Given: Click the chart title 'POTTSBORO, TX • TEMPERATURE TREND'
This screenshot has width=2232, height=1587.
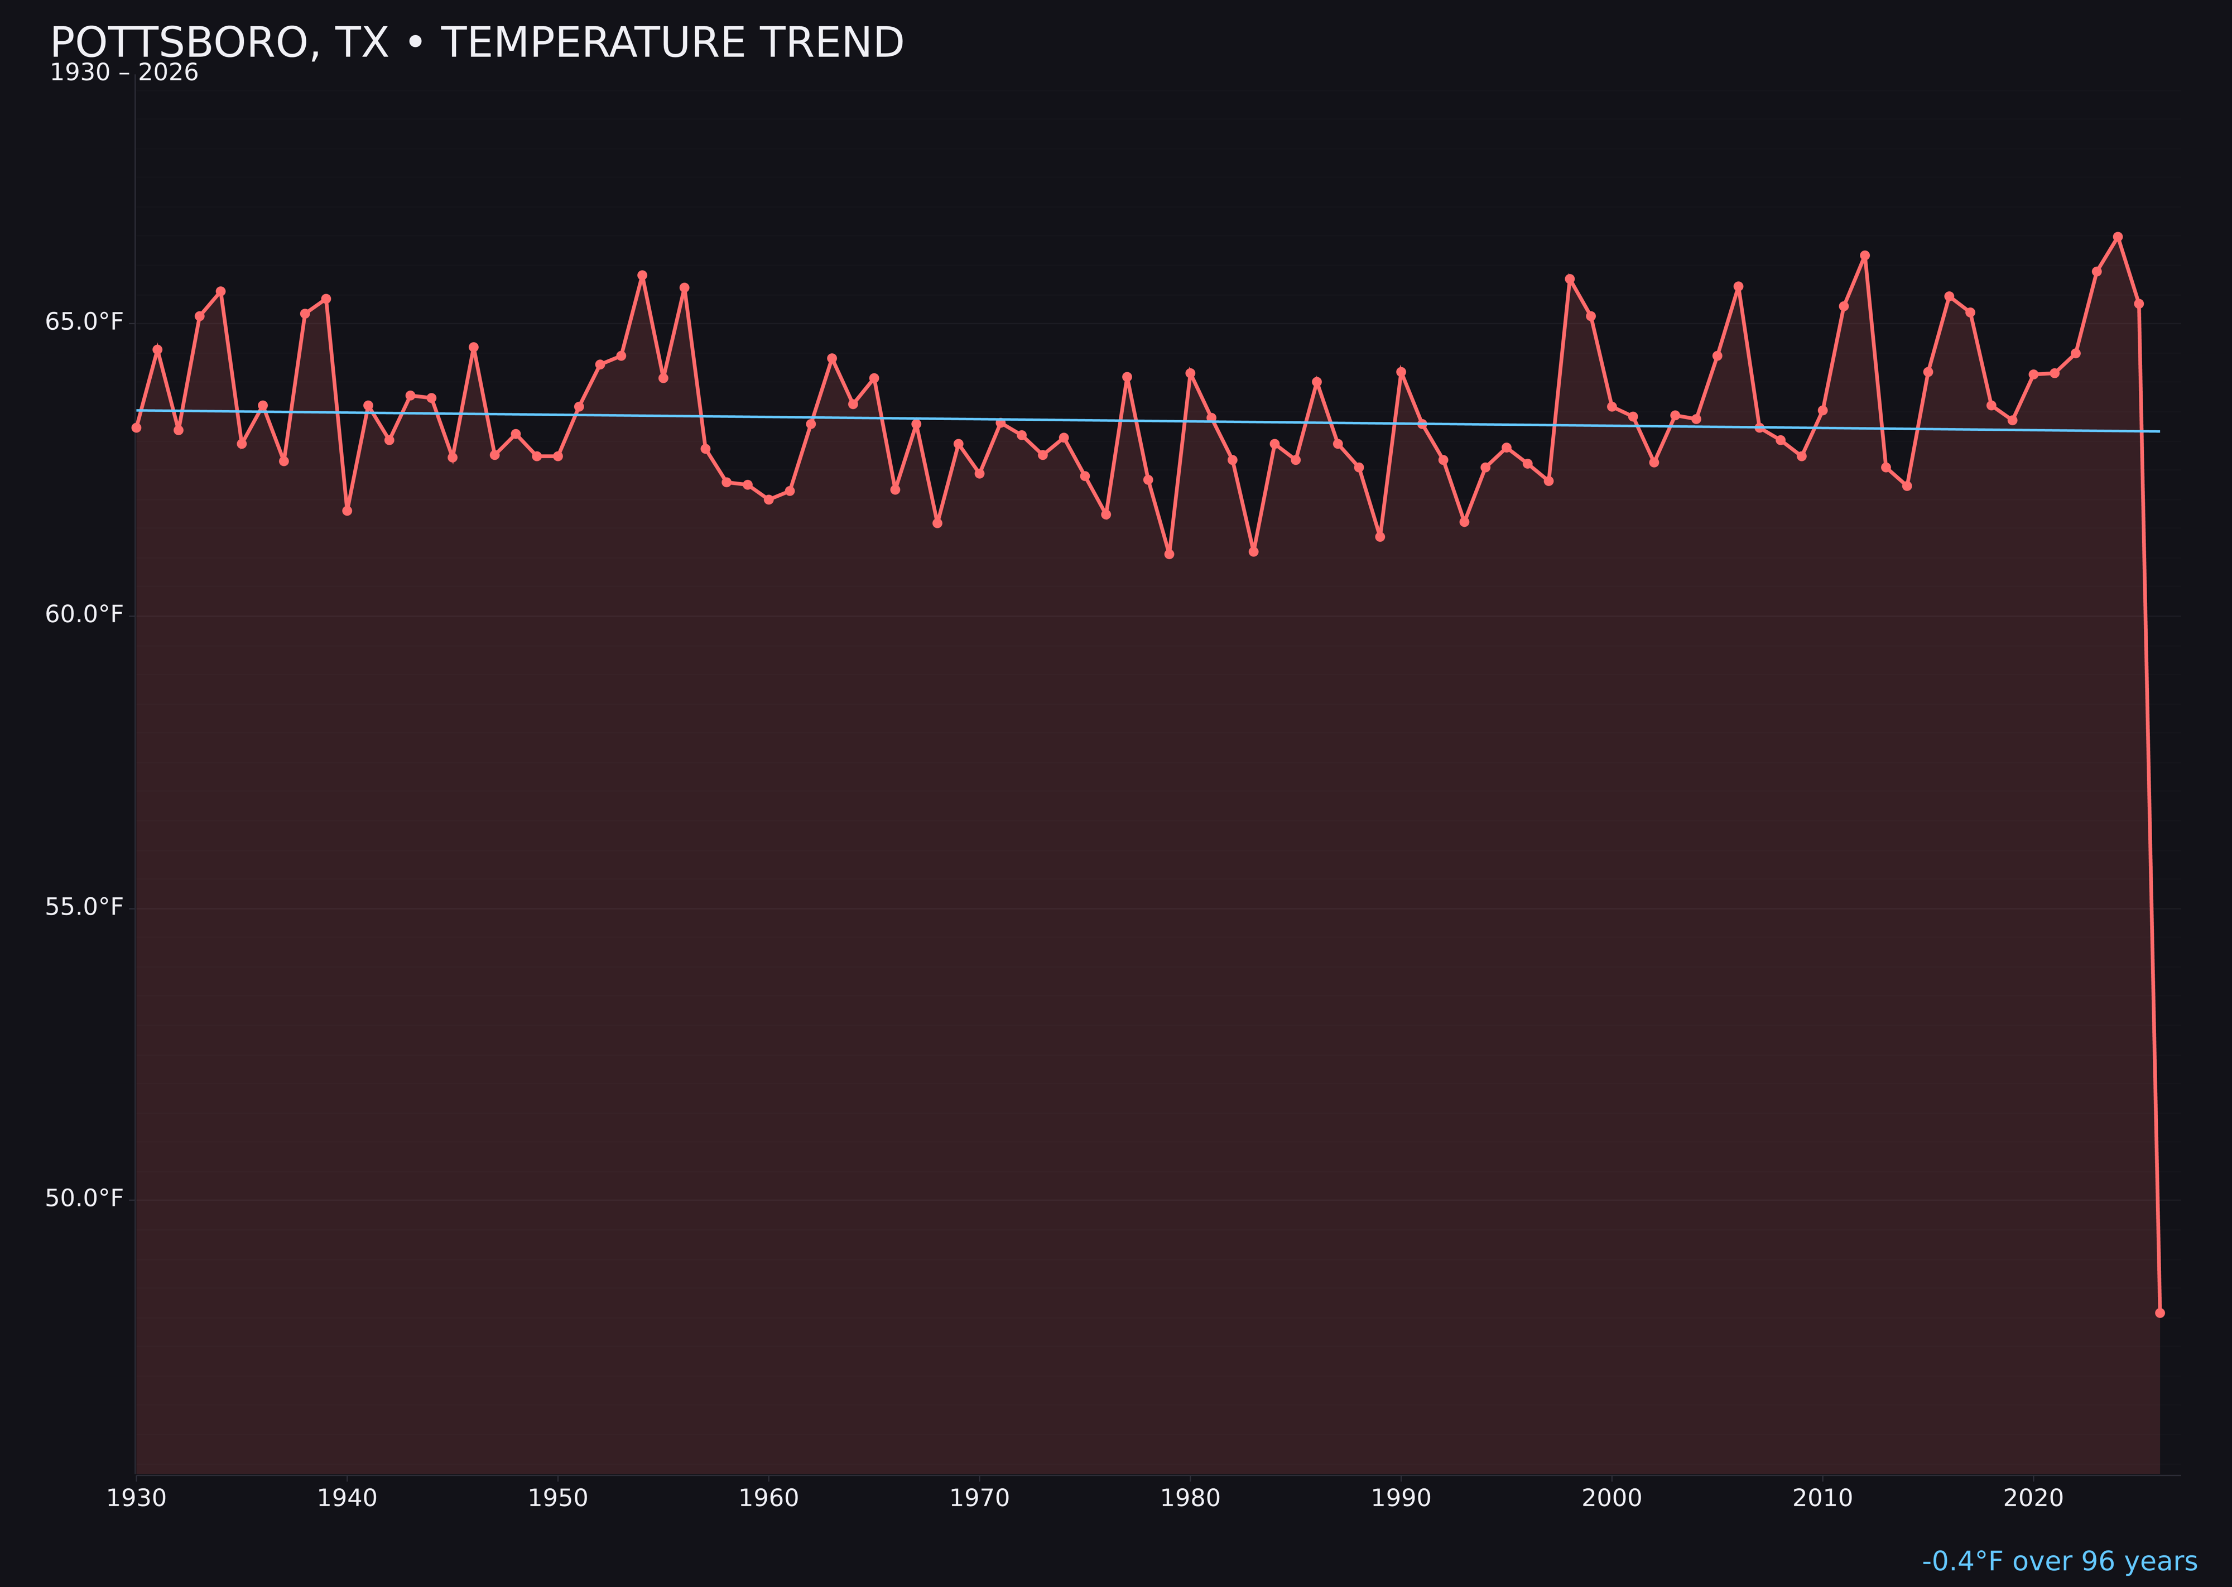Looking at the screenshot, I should [x=477, y=43].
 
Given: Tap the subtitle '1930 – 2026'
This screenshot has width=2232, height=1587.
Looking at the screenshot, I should [x=124, y=73].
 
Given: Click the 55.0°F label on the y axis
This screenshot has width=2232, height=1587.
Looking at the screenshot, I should [x=84, y=907].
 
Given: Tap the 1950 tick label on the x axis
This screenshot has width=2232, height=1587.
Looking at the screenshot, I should [x=558, y=1498].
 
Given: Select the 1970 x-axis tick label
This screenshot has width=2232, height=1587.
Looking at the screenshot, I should [x=979, y=1498].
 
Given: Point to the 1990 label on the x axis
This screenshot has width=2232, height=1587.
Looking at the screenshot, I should [x=1401, y=1498].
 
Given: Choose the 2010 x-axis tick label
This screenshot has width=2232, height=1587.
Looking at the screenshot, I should [x=1822, y=1498].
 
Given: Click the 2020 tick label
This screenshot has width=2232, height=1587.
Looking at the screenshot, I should [x=2033, y=1498].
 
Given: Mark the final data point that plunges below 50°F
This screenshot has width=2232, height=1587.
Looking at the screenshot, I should [x=2159, y=1312].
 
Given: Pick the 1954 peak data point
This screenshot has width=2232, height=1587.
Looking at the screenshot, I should [x=642, y=276].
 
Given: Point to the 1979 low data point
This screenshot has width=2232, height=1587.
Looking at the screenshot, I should [x=1169, y=554].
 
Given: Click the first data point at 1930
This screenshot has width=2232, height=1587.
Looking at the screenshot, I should [x=136, y=427].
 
